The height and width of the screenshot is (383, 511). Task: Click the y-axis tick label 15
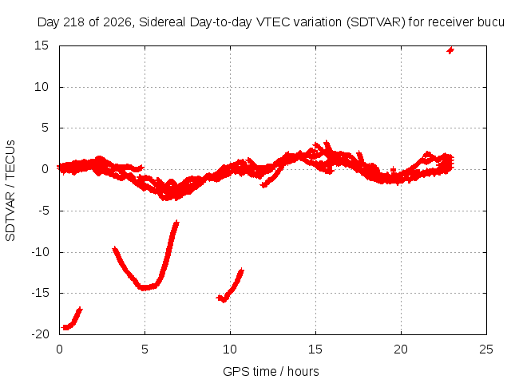[42, 45]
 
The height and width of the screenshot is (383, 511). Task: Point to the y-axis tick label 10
[42, 87]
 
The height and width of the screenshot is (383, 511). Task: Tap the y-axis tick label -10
[40, 252]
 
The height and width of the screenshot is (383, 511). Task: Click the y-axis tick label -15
[40, 293]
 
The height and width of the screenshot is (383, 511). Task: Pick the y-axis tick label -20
[40, 334]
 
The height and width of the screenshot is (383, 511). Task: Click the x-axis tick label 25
[486, 349]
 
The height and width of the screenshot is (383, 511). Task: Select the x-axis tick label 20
[401, 349]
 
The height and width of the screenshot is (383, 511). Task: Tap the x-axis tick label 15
[315, 349]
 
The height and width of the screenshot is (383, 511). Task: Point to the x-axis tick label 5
[145, 349]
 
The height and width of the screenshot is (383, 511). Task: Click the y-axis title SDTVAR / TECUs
[10, 191]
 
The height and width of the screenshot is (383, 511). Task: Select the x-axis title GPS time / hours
[271, 372]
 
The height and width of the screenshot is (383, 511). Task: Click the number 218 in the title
[74, 22]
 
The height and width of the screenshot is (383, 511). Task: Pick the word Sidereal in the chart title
[162, 22]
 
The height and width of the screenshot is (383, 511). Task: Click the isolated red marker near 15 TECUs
[450, 50]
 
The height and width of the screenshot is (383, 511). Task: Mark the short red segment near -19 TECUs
[73, 319]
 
